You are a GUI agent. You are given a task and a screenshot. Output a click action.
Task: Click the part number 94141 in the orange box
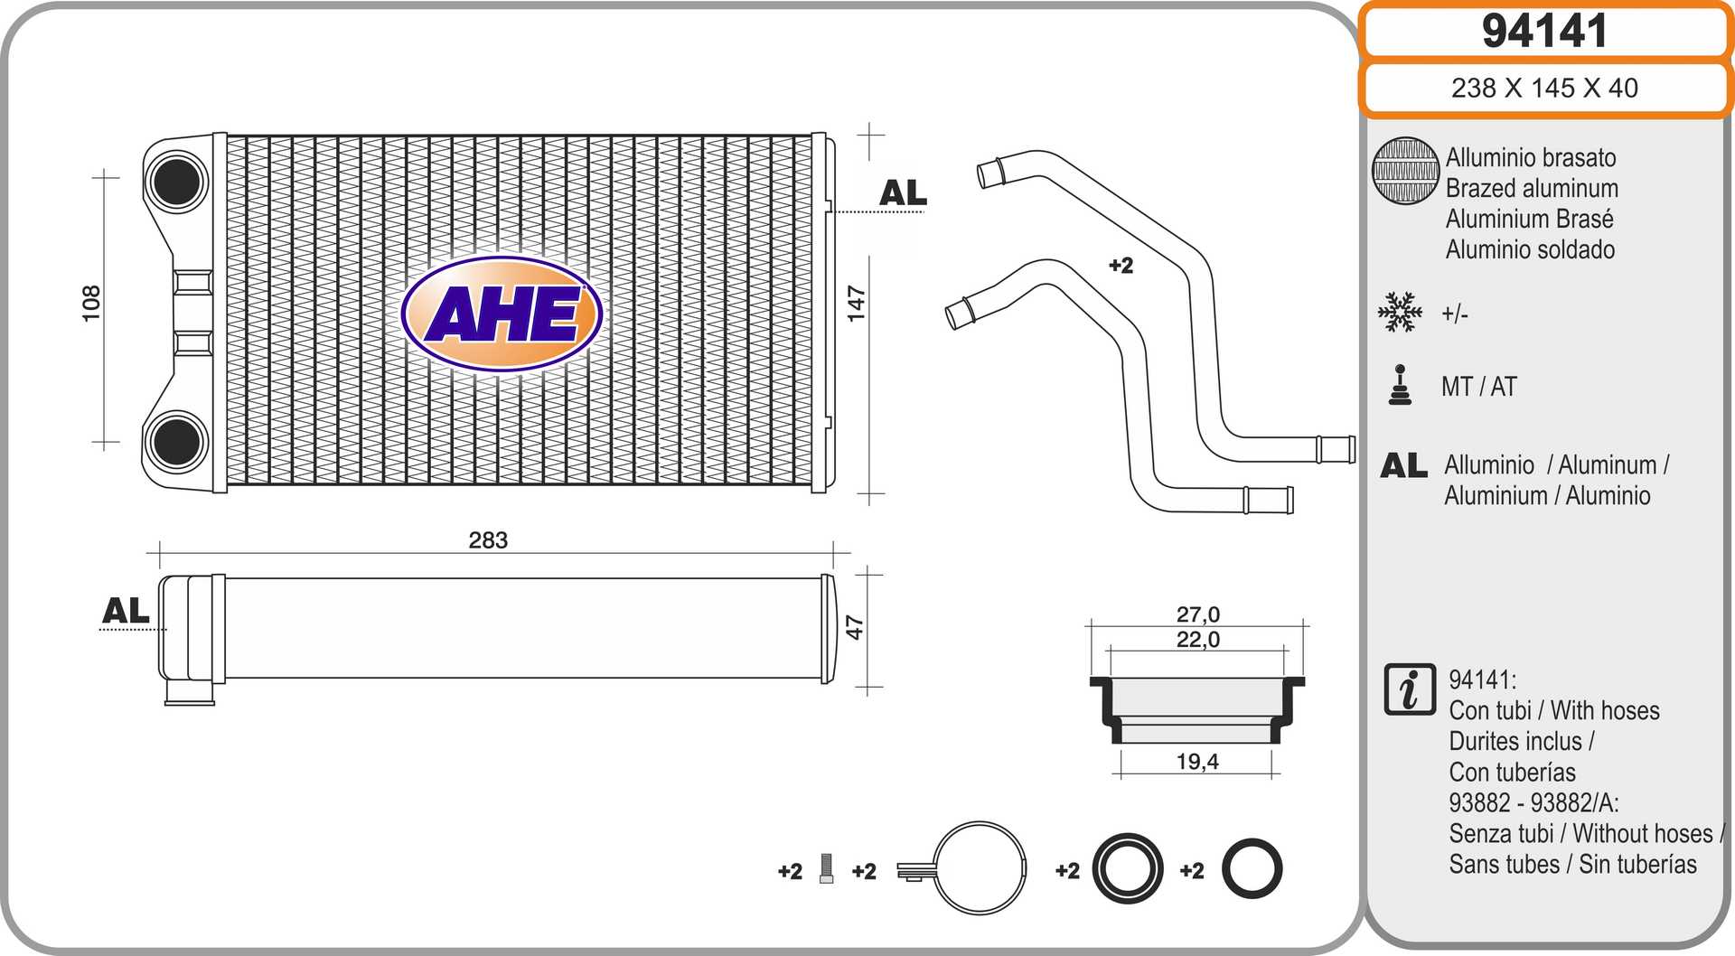[1544, 32]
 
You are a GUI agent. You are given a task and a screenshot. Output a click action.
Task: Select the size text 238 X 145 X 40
[1544, 88]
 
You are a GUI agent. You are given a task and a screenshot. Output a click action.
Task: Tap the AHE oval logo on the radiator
[502, 314]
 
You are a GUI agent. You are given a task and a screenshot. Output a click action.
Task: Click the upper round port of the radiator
[177, 181]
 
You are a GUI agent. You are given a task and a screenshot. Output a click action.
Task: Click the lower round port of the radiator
[177, 441]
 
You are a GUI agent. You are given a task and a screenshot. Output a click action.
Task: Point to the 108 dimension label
[91, 304]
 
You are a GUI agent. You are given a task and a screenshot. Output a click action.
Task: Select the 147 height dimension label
[856, 304]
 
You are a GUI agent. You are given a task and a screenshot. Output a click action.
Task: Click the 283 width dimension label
[488, 540]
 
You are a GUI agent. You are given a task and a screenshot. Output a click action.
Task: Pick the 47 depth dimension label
[854, 627]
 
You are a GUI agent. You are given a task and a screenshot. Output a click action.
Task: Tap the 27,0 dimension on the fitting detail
[1197, 614]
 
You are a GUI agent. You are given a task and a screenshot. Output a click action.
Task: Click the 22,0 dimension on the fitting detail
[1197, 640]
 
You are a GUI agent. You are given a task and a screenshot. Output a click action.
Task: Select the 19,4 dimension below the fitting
[1197, 762]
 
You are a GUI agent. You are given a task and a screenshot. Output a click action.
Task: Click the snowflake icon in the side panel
[1400, 313]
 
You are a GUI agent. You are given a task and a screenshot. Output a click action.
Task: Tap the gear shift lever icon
[1400, 385]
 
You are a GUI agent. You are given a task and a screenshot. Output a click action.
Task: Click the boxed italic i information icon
[1409, 689]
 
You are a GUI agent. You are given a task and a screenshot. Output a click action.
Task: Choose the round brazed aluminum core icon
[1405, 171]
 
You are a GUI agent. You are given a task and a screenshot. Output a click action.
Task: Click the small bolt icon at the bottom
[826, 868]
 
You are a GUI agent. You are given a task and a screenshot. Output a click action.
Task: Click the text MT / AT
[1479, 387]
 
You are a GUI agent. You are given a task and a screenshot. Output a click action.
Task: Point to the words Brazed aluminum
[1532, 188]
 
